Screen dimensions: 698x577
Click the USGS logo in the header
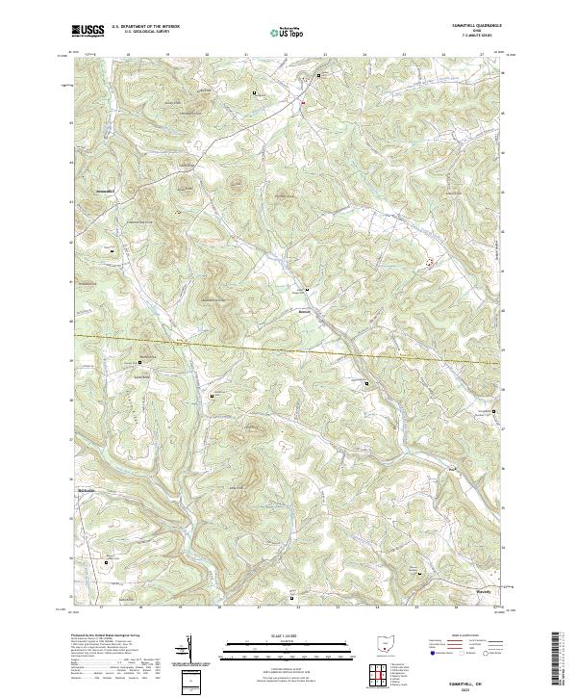point(88,32)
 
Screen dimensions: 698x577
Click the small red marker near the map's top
point(302,102)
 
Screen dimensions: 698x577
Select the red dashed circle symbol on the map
point(430,261)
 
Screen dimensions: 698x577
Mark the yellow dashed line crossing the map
point(288,344)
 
